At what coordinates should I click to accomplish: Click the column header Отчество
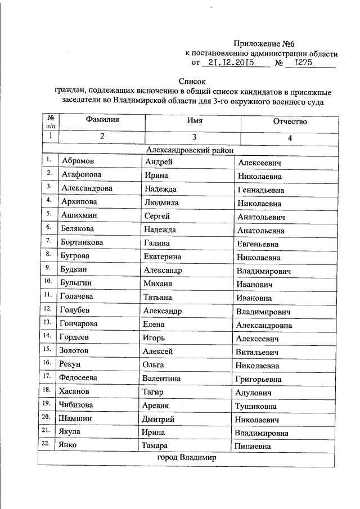(x=290, y=121)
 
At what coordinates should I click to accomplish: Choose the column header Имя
(x=195, y=121)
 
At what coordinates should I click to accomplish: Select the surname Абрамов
(x=79, y=163)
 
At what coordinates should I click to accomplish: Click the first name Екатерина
(x=163, y=257)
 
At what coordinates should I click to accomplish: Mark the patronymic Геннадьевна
(x=260, y=190)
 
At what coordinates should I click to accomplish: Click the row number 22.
(x=49, y=444)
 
